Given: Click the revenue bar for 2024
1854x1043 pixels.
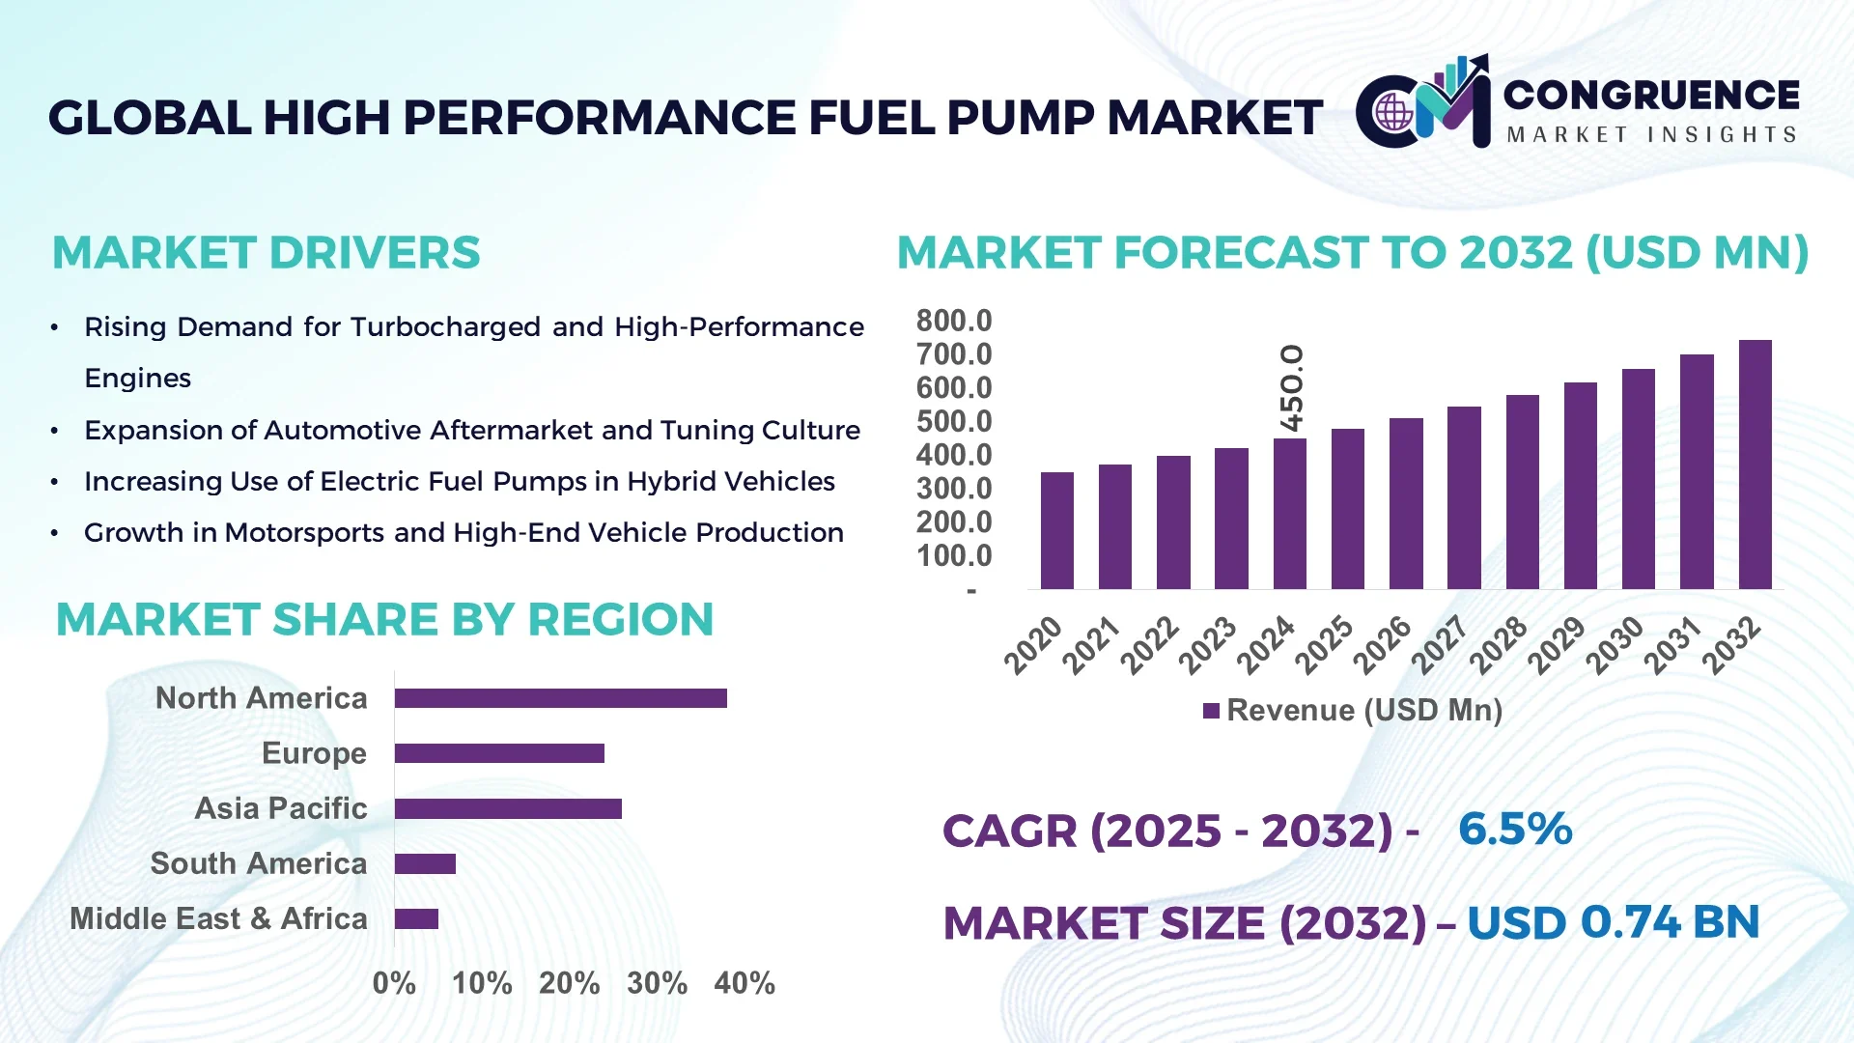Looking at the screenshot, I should (1289, 514).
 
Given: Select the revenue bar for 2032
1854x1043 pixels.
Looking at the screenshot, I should (1755, 465).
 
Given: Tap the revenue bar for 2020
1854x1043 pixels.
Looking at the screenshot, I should (1056, 530).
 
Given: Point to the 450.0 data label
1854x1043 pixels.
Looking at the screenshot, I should (1291, 388).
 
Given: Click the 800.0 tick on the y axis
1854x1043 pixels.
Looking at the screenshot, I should (953, 321).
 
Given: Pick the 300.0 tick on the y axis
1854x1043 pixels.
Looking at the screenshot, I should (953, 489).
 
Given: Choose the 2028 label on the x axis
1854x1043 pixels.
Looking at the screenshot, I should (1500, 644).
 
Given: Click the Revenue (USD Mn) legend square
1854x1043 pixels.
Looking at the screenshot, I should (1211, 712).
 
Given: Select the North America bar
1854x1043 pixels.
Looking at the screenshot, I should (560, 698).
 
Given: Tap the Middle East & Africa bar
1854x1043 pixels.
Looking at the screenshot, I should (416, 918).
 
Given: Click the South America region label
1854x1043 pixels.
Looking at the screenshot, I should (259, 863).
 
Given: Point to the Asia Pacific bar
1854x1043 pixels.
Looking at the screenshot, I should (508, 808).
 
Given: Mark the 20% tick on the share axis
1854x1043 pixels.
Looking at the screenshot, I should (569, 983).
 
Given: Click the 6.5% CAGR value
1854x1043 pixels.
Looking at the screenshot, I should (1514, 829).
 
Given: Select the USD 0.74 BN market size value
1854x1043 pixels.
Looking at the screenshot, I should (1613, 922).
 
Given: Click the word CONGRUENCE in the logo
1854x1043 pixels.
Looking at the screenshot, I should (1651, 95).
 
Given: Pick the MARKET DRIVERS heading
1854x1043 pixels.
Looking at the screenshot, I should (266, 253).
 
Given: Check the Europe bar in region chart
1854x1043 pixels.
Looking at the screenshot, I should (499, 753).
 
